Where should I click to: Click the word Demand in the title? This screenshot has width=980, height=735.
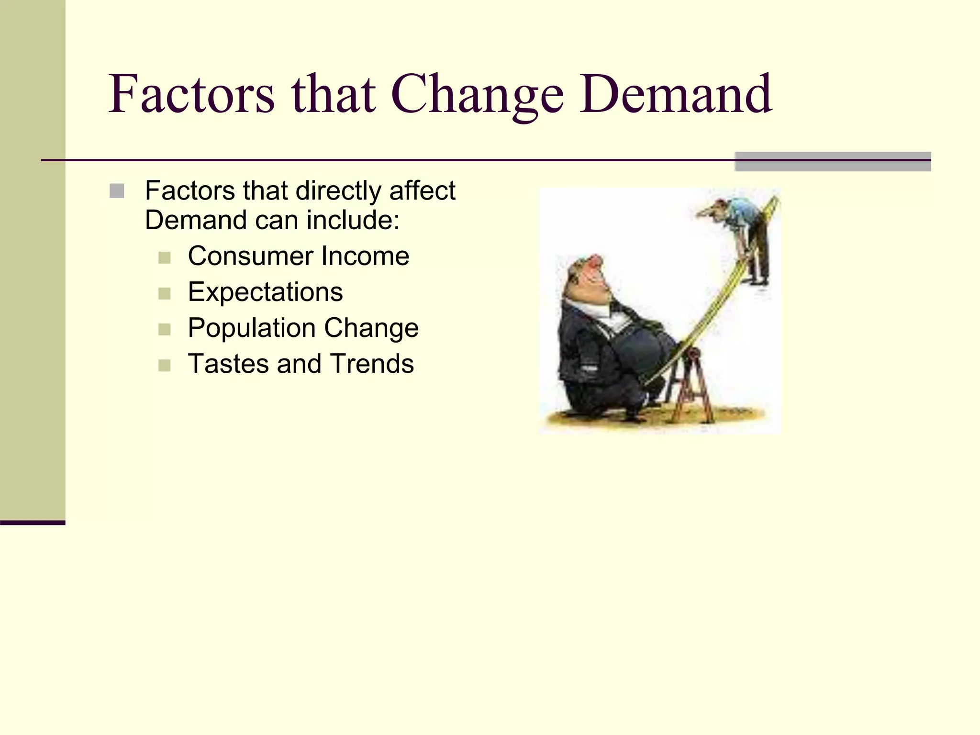coord(676,94)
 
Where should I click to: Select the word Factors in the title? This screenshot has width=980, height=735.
coord(191,94)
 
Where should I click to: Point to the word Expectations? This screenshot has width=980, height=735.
coord(265,292)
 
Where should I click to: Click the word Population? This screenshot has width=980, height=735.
coord(252,328)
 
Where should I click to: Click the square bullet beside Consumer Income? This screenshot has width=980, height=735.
coord(164,258)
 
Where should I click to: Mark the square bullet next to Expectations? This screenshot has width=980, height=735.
coord(164,293)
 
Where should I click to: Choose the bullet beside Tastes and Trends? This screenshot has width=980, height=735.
coord(164,366)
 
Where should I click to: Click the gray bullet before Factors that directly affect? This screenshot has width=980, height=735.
coord(117,191)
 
